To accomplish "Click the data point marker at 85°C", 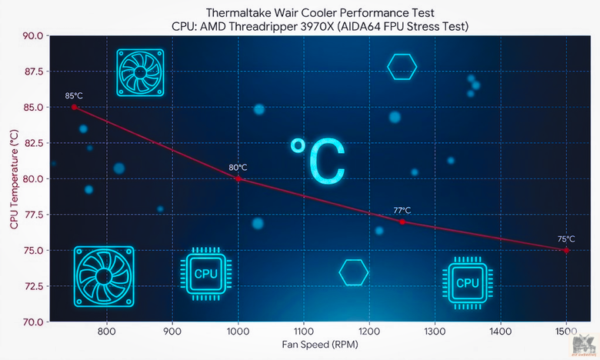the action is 75,107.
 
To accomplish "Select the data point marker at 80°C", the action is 238,178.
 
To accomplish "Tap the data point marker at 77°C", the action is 402,222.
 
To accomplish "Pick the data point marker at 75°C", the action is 566,251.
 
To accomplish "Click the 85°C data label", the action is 74,95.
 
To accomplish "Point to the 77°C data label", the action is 402,210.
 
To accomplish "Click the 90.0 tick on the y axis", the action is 33,36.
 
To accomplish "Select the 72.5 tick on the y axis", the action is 33,286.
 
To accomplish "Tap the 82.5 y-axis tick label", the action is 33,143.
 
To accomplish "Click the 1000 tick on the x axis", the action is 238,331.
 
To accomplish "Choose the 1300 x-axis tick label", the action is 435,331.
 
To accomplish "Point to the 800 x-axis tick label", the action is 107,331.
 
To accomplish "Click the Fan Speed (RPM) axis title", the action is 320,345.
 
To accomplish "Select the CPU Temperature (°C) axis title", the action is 14,179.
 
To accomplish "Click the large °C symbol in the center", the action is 317,161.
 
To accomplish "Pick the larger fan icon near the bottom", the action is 104,277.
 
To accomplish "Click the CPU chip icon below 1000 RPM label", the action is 206,274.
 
